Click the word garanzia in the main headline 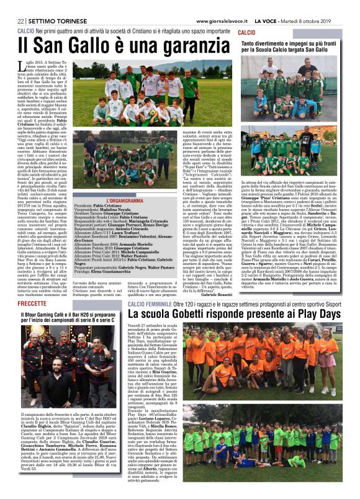(x=186, y=45)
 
